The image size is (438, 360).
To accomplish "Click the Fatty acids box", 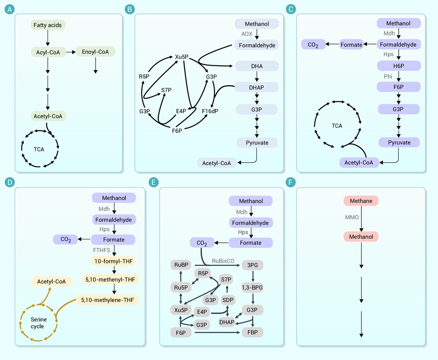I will click(x=48, y=25).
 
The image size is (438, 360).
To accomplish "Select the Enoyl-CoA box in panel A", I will click(x=96, y=52).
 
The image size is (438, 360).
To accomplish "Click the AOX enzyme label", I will click(x=246, y=34).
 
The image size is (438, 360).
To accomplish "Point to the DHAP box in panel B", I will click(x=256, y=87).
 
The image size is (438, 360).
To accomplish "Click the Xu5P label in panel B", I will click(x=181, y=57).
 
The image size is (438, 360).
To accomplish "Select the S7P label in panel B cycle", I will click(x=166, y=90).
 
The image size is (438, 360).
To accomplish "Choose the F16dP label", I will click(x=210, y=111).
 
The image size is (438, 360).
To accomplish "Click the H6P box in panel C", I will click(x=398, y=66).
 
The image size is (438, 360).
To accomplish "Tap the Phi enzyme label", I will click(x=388, y=76).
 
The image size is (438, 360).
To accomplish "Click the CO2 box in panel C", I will click(x=313, y=44).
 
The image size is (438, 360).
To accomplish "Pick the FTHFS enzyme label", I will click(x=102, y=250).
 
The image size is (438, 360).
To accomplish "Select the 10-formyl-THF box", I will click(x=113, y=261).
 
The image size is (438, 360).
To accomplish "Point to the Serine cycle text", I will click(x=37, y=323).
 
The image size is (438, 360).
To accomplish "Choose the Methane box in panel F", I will click(x=361, y=201).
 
